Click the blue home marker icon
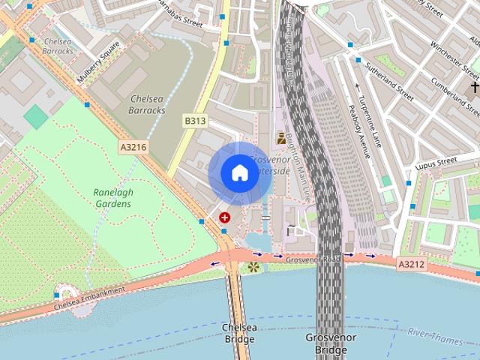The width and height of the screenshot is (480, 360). click(239, 173)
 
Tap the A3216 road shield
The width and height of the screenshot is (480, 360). click(132, 148)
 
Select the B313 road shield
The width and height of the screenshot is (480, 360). click(195, 120)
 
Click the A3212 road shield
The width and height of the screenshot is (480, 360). click(411, 264)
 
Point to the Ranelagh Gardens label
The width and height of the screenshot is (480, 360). click(113, 198)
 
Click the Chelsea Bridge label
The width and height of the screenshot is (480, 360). click(239, 333)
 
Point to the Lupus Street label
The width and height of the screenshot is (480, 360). click(436, 160)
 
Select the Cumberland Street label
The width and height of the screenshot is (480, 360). click(454, 98)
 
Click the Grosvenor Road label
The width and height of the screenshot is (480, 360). click(313, 259)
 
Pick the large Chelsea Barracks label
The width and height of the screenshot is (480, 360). click(148, 104)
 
